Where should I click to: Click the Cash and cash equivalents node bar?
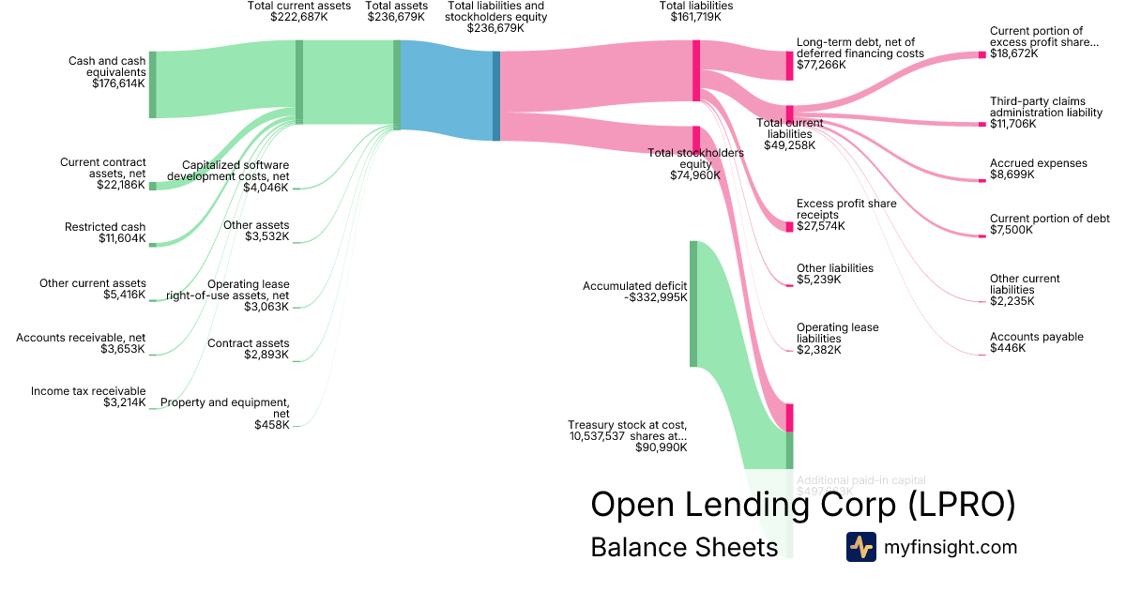click(153, 84)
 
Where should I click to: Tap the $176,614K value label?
click(118, 83)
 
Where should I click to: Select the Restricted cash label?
click(105, 227)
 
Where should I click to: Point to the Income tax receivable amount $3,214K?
click(125, 403)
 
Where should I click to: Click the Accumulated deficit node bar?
click(693, 303)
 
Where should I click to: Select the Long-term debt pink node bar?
click(789, 66)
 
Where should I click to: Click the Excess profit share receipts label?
click(846, 209)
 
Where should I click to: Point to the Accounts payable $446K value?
click(1008, 348)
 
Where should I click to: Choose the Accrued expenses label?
click(1038, 163)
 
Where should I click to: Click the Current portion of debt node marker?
click(982, 236)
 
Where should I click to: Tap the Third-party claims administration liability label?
click(1045, 107)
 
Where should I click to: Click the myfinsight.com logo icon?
click(860, 547)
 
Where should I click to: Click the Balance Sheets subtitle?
click(684, 547)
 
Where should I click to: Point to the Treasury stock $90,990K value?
click(662, 447)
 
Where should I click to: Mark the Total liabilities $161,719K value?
click(696, 17)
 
